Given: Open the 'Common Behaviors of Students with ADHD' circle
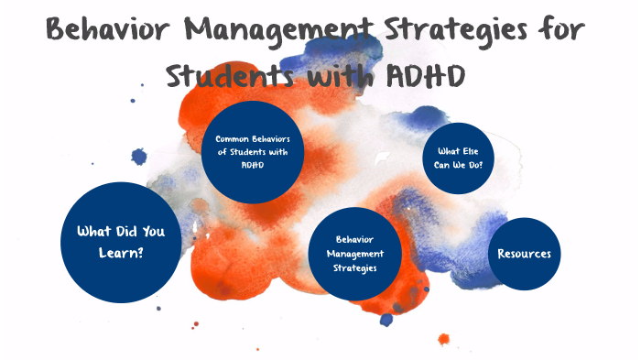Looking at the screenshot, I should [253, 152].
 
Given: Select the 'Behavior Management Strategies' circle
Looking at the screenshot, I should [353, 253].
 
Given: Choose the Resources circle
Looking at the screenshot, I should [525, 254].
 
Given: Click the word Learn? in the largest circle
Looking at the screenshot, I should [122, 253].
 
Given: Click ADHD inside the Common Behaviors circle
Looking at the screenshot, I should [252, 166].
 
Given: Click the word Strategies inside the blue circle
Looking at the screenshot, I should [353, 267].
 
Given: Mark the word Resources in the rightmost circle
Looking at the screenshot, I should [525, 254].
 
